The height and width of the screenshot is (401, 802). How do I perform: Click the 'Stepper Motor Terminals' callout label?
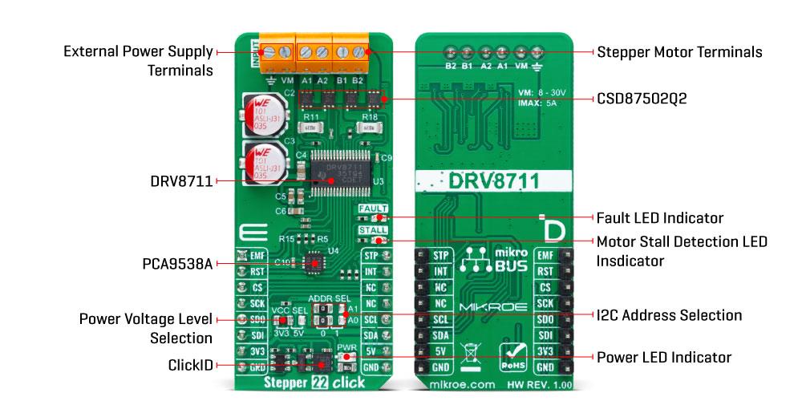pyautogui.click(x=678, y=52)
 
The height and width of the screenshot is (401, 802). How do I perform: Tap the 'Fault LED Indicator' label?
pyautogui.click(x=659, y=217)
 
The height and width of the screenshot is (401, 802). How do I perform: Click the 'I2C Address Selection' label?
pyautogui.click(x=669, y=315)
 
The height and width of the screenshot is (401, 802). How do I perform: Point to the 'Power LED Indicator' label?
pyautogui.click(x=663, y=357)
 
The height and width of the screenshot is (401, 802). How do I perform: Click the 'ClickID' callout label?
pyautogui.click(x=190, y=365)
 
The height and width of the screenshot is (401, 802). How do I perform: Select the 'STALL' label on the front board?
pyautogui.click(x=373, y=230)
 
